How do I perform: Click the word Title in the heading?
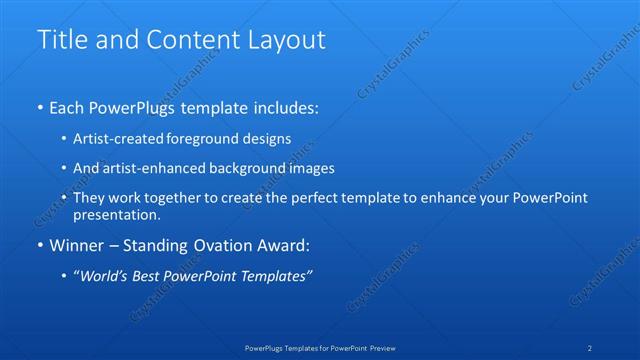(59, 40)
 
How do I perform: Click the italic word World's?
(102, 277)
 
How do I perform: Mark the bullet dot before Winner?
(40, 245)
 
